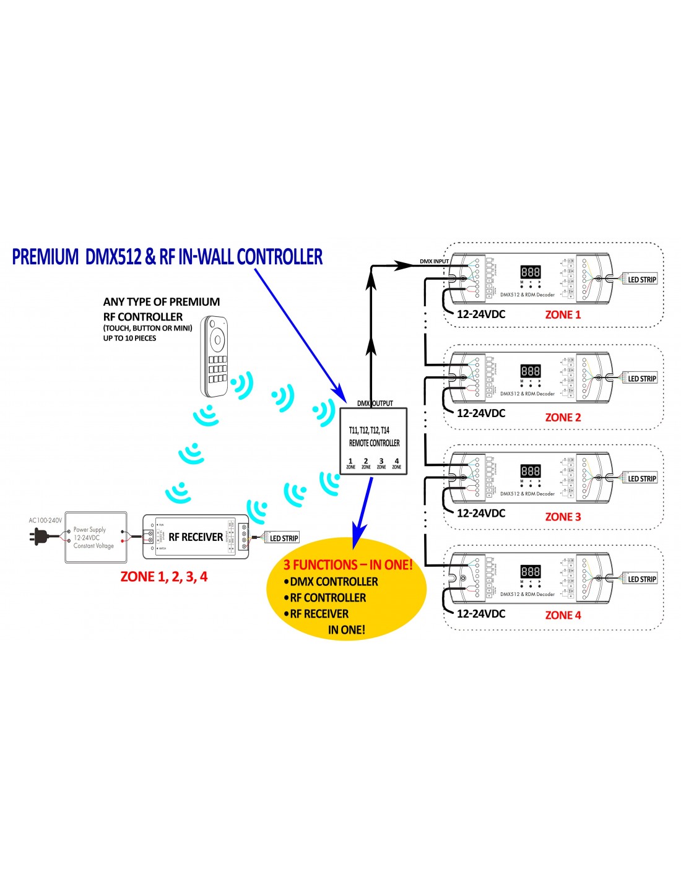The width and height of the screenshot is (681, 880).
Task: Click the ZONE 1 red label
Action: pyautogui.click(x=563, y=315)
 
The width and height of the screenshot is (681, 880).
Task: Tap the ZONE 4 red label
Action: pyautogui.click(x=563, y=615)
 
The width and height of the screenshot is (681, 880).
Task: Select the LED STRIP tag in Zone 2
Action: pyautogui.click(x=641, y=379)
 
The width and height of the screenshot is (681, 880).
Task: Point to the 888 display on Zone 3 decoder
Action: pyautogui.click(x=531, y=471)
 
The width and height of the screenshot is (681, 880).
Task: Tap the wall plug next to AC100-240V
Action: pyautogui.click(x=38, y=536)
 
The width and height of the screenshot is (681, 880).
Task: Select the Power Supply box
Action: pyautogui.click(x=95, y=537)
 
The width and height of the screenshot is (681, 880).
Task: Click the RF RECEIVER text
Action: pyautogui.click(x=196, y=537)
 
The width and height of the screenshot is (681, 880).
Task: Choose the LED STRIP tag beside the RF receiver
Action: pyautogui.click(x=284, y=538)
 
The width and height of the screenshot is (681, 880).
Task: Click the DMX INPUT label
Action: pyautogui.click(x=434, y=261)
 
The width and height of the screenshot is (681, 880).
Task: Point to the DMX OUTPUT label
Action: pyautogui.click(x=375, y=403)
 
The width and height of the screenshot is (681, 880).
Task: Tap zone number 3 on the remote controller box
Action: pyautogui.click(x=381, y=463)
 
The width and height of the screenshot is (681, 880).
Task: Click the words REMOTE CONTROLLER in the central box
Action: pyautogui.click(x=375, y=443)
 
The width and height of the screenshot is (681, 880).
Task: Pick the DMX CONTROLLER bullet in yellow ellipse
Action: pyautogui.click(x=333, y=582)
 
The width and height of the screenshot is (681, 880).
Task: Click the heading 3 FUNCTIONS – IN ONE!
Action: pyautogui.click(x=348, y=564)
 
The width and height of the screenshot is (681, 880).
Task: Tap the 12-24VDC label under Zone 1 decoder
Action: pyautogui.click(x=481, y=314)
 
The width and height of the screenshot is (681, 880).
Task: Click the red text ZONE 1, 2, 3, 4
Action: pyautogui.click(x=164, y=577)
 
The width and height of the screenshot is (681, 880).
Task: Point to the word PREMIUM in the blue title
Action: pyautogui.click(x=45, y=257)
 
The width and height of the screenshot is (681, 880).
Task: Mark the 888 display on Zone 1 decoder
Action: pyautogui.click(x=531, y=272)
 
